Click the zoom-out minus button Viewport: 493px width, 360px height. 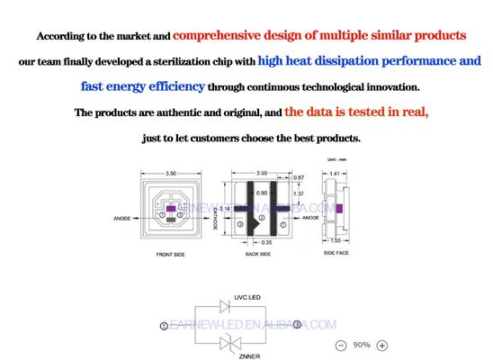coord(341,346)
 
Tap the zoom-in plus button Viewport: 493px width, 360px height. coord(382,346)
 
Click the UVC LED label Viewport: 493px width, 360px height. coord(246,296)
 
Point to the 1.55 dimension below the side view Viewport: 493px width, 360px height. coord(336,241)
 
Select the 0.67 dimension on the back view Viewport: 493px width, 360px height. coord(300,177)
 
